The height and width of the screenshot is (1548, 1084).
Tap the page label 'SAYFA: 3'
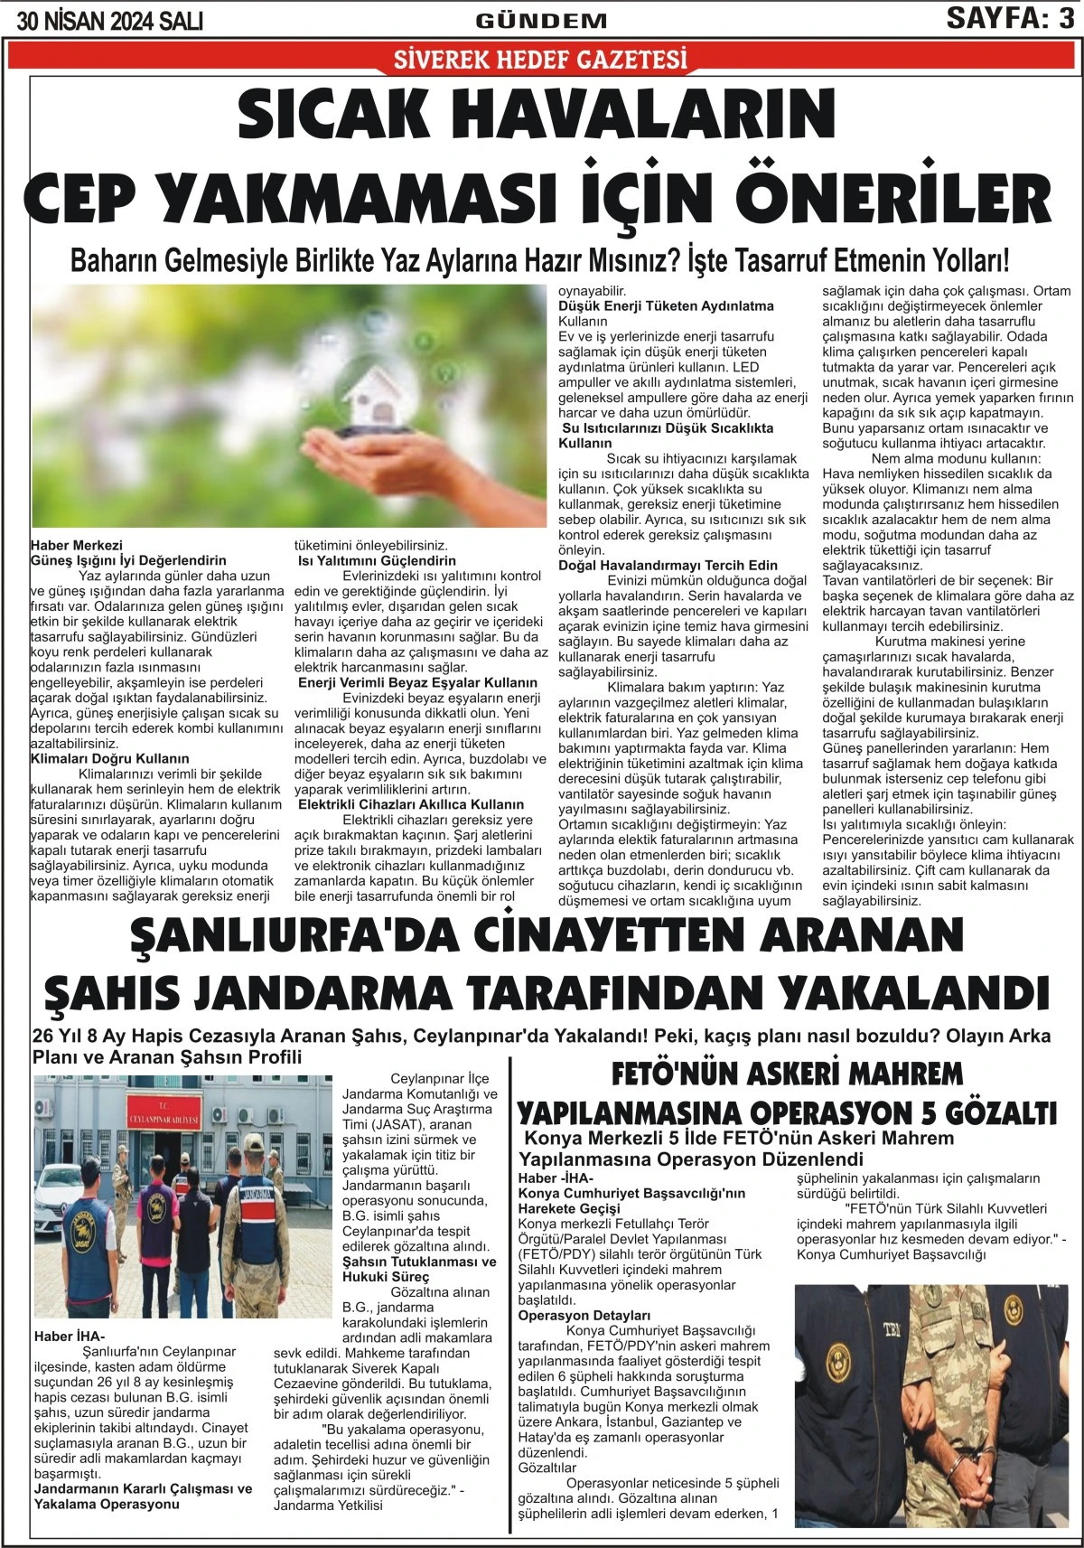(1010, 18)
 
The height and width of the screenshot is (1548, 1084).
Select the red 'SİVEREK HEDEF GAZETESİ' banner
(541, 61)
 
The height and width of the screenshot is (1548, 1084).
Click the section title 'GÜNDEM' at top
(541, 21)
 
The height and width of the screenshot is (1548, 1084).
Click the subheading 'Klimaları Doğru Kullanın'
(110, 758)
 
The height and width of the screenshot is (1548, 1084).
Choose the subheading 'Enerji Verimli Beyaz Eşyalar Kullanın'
(417, 682)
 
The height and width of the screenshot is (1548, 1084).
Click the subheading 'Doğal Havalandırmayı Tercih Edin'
(668, 565)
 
